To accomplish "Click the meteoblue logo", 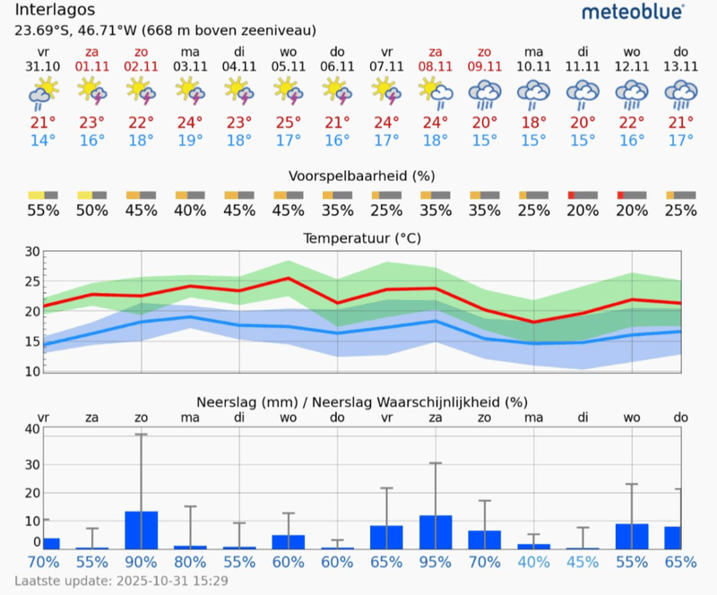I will click(x=633, y=12).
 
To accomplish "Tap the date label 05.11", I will click(x=288, y=67).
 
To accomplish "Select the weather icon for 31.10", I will click(x=43, y=91).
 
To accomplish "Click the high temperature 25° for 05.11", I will click(x=288, y=122).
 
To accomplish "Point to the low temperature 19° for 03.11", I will click(x=189, y=140).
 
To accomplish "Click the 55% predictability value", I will click(x=43, y=211).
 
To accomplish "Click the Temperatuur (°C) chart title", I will click(x=361, y=238).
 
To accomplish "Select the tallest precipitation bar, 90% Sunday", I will click(x=141, y=530).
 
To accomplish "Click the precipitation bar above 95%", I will click(x=436, y=532).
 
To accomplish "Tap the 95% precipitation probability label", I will click(x=436, y=563).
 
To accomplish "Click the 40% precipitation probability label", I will click(x=534, y=563).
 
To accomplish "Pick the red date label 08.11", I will click(x=436, y=67).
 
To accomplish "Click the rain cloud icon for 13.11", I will click(x=681, y=91).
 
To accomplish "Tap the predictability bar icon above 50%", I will click(x=91, y=194).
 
